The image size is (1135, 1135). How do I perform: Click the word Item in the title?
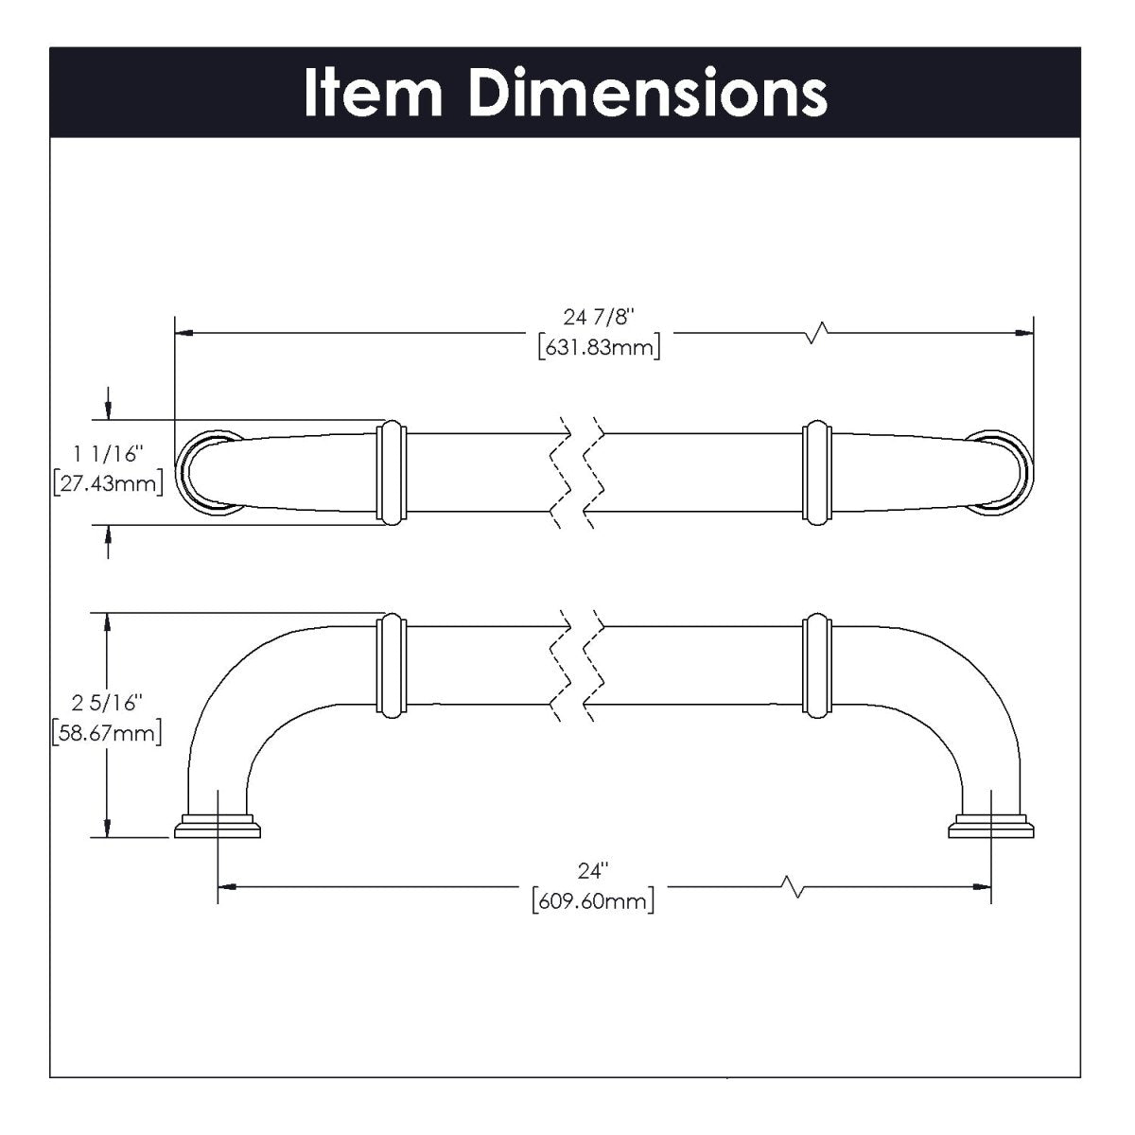374,93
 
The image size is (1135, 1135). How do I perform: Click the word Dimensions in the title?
648,93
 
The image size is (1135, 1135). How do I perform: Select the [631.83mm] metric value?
598,347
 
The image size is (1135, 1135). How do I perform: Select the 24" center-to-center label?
596,870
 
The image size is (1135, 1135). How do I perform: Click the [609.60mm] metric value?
593,900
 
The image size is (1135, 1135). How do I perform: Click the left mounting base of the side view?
218,826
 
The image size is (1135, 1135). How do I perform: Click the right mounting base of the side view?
990,826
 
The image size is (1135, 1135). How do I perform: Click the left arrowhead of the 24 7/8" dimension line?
185,333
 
